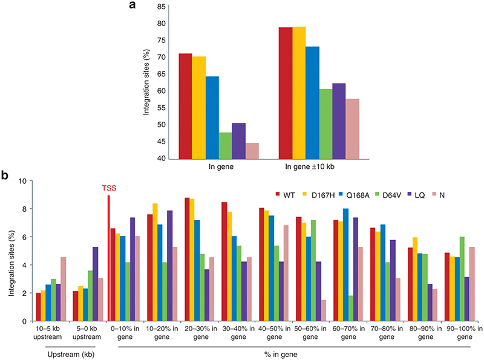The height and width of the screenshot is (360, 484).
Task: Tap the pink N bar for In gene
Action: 252,151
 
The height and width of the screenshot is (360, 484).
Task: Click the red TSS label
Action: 109,188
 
